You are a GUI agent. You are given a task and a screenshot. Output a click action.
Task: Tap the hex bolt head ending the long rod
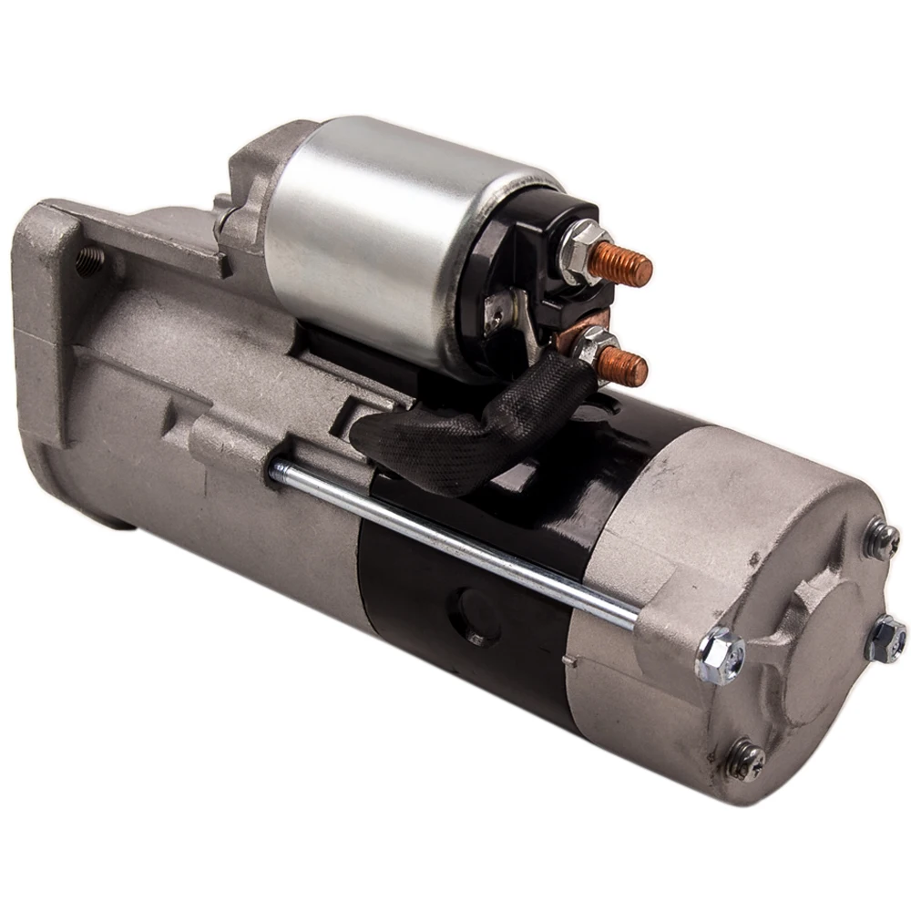pyautogui.click(x=721, y=654)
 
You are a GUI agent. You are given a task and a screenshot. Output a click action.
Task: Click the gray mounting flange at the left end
pyautogui.click(x=46, y=319)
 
